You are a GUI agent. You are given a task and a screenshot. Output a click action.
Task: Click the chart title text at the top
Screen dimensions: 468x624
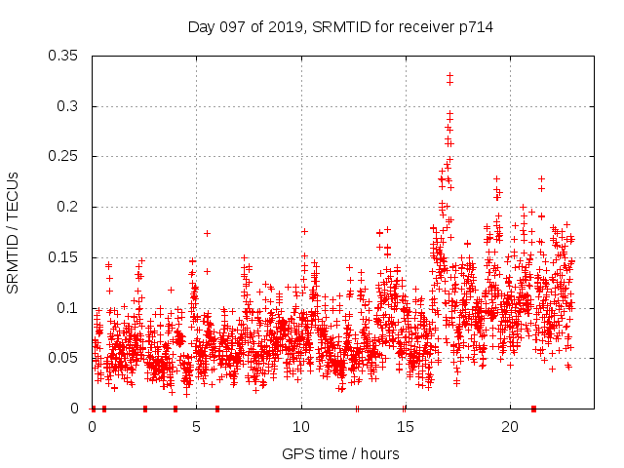pyautogui.click(x=340, y=27)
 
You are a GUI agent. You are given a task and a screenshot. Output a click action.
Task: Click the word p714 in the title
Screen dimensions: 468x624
pyautogui.click(x=475, y=27)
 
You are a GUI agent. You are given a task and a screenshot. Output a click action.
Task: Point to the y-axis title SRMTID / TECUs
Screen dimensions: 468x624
pyautogui.click(x=14, y=232)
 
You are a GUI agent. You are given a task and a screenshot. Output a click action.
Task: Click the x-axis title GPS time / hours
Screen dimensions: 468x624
pyautogui.click(x=340, y=453)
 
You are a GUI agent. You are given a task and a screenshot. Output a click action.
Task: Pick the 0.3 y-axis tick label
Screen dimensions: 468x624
pyautogui.click(x=69, y=106)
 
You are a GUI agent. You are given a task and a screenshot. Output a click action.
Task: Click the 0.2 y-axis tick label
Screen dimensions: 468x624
pyautogui.click(x=69, y=207)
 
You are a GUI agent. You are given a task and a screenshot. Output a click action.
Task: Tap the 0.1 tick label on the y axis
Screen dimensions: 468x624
pyautogui.click(x=69, y=308)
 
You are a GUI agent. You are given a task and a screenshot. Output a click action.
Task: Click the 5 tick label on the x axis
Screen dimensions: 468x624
pyautogui.click(x=197, y=427)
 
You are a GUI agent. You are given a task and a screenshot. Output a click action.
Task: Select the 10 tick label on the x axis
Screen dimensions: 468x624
pyautogui.click(x=301, y=427)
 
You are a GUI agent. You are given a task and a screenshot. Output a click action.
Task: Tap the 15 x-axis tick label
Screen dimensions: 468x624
pyautogui.click(x=406, y=427)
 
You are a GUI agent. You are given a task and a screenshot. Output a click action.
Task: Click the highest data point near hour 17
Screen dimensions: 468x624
pyautogui.click(x=449, y=75)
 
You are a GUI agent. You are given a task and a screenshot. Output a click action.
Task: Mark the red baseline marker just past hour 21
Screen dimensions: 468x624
pyautogui.click(x=533, y=409)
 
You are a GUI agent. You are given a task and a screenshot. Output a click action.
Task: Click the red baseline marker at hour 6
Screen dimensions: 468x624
pyautogui.click(x=217, y=409)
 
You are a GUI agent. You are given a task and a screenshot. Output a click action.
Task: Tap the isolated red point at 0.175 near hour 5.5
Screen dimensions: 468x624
pyautogui.click(x=207, y=233)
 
